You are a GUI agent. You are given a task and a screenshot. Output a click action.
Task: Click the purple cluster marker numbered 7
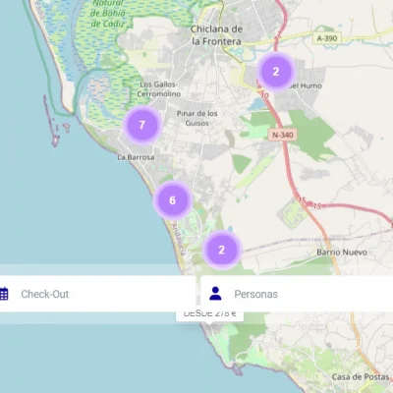click(x=142, y=125)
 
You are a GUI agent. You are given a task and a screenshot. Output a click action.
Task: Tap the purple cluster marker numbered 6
click(x=172, y=200)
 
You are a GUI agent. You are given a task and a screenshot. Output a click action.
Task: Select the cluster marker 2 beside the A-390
click(x=276, y=71)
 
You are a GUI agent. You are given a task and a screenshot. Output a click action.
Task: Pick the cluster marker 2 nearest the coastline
click(x=222, y=249)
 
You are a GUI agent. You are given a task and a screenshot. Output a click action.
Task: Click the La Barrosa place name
click(x=136, y=156)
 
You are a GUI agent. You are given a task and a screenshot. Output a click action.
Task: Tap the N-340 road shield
click(x=281, y=135)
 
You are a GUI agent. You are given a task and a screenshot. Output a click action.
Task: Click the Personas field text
click(x=255, y=294)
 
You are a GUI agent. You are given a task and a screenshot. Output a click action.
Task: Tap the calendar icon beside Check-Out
click(x=4, y=294)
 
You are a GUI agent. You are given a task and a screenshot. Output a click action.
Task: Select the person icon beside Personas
click(x=216, y=294)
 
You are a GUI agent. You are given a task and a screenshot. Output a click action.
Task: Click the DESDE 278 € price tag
click(x=209, y=313)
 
